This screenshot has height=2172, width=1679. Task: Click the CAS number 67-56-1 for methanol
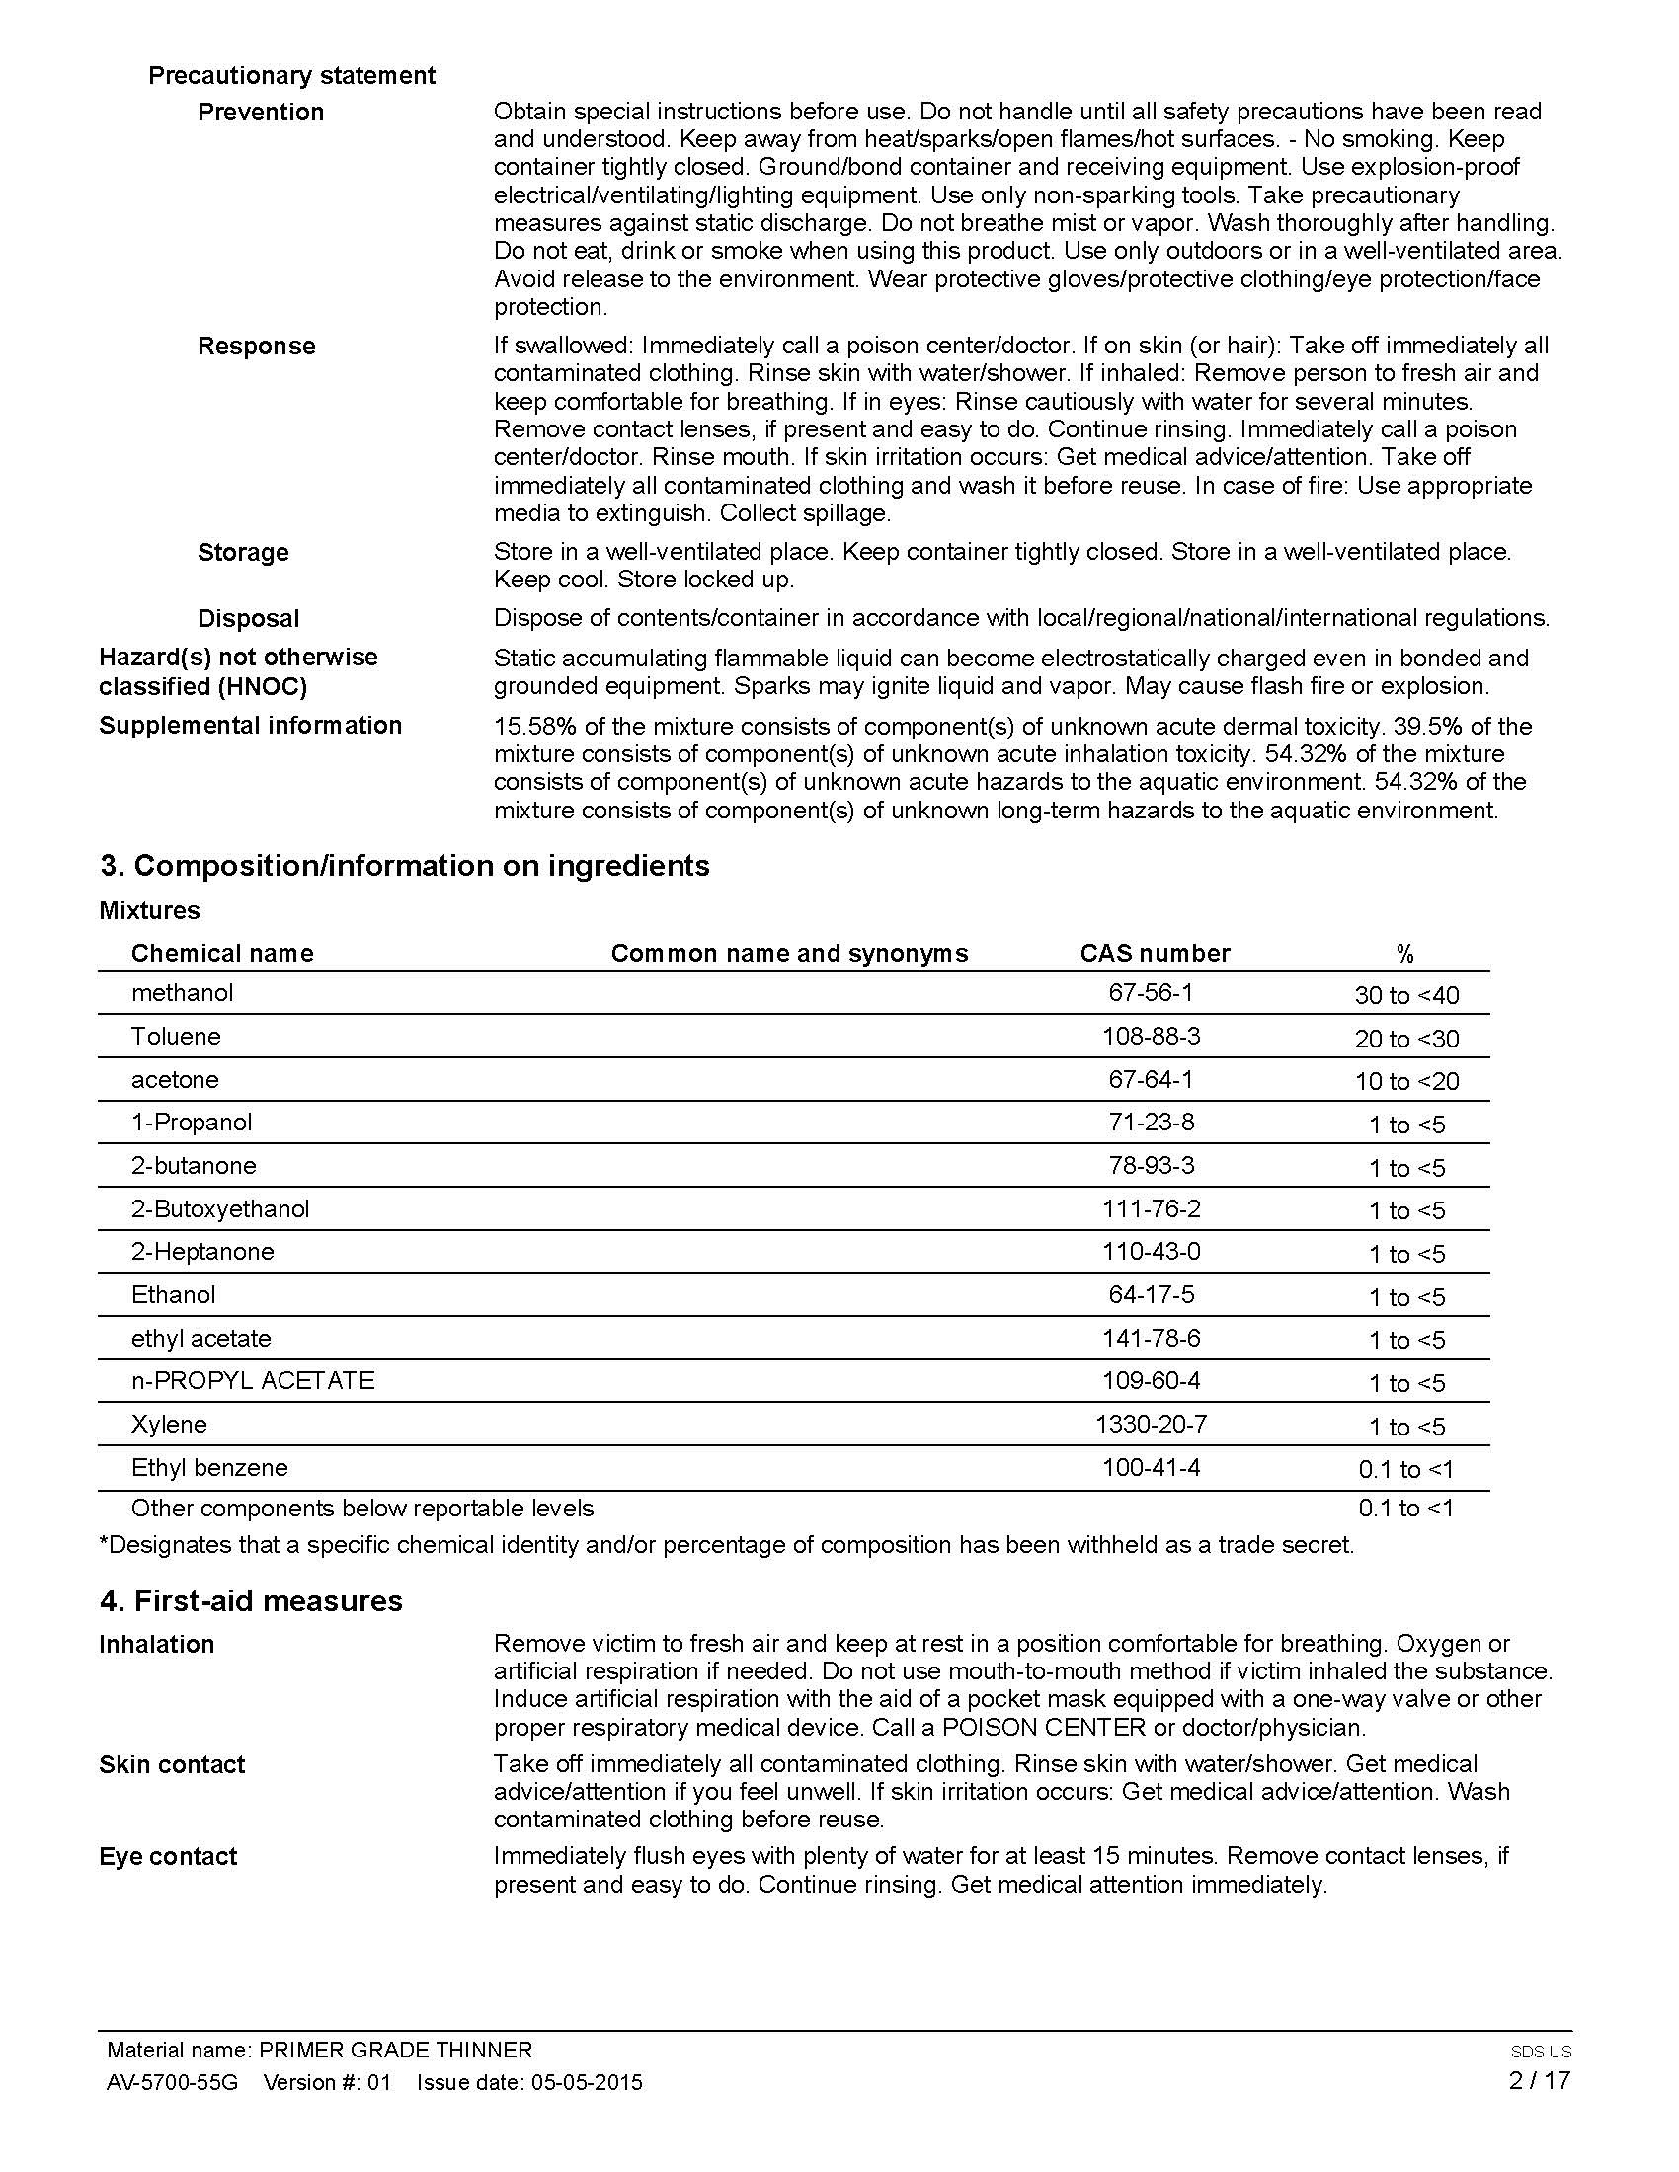click(1151, 992)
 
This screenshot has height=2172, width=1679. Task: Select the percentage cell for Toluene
click(1405, 1039)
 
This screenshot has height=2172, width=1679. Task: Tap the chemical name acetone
click(175, 1079)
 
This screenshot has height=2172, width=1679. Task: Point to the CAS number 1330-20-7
click(1151, 1424)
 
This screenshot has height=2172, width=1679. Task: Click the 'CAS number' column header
click(1155, 953)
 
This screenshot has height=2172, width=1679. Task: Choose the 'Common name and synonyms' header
click(789, 953)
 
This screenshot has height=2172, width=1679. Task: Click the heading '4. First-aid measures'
click(251, 1600)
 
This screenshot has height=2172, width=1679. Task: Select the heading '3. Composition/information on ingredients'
click(404, 865)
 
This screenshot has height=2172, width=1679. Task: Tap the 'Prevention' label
click(261, 112)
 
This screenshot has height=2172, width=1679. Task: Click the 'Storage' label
click(243, 552)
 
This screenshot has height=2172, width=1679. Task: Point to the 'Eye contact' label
click(168, 1857)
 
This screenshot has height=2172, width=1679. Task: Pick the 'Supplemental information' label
click(250, 725)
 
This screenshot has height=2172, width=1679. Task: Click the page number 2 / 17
click(1539, 2079)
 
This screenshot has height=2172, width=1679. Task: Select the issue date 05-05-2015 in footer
click(587, 2082)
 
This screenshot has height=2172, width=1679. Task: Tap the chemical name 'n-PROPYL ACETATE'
click(253, 1380)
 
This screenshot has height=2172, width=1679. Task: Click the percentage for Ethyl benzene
click(1405, 1469)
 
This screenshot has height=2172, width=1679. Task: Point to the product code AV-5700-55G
click(172, 2082)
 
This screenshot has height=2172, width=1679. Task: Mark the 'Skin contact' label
click(171, 1764)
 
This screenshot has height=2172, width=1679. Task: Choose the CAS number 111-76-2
click(1151, 1208)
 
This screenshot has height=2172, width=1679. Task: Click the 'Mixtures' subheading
click(149, 910)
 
